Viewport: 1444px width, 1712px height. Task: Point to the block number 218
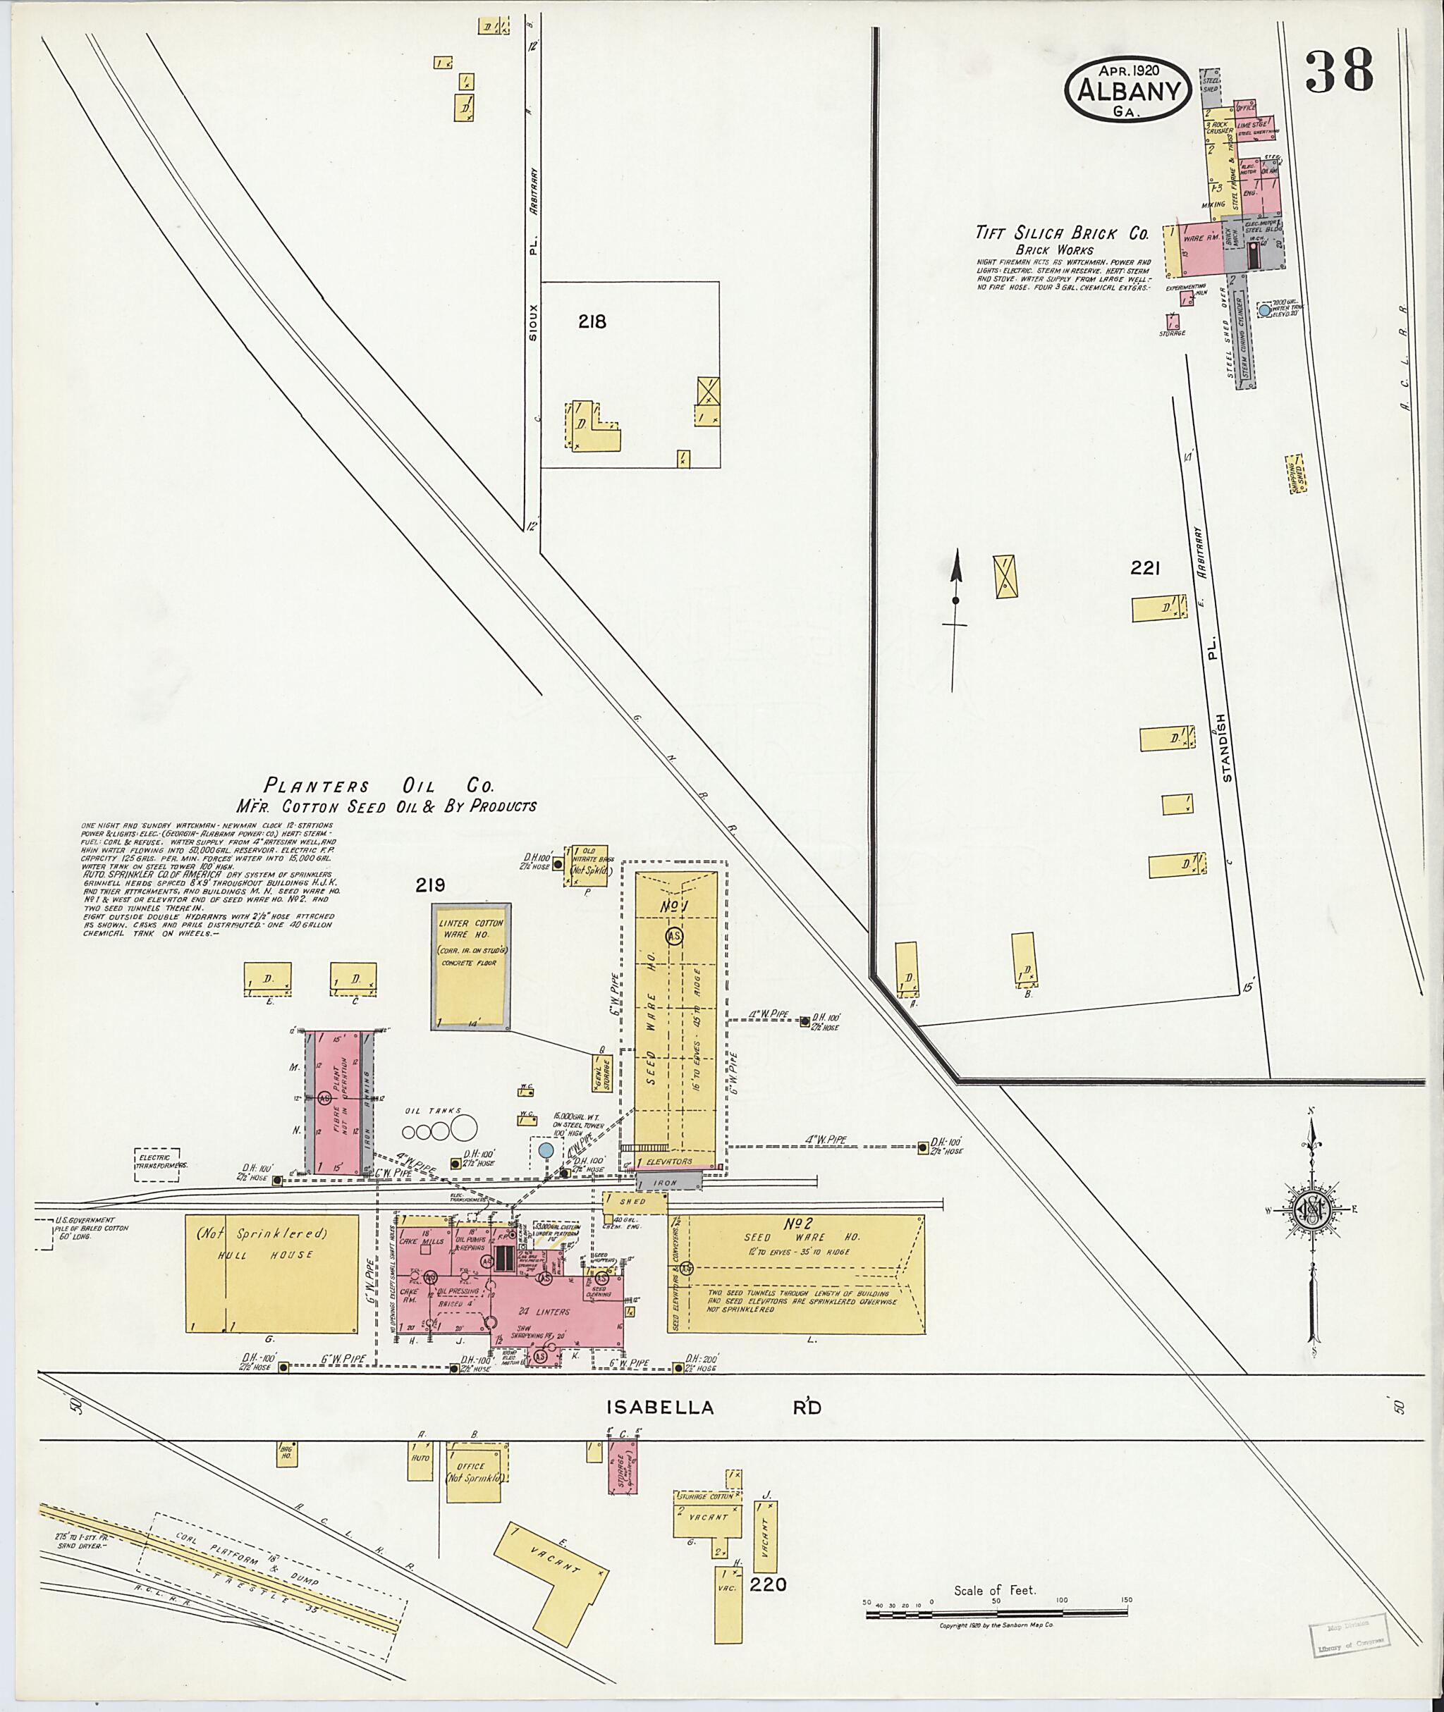point(592,321)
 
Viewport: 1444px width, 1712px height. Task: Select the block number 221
point(1144,567)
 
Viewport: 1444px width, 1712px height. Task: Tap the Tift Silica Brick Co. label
point(1061,233)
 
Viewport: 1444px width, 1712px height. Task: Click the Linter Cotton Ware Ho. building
point(471,966)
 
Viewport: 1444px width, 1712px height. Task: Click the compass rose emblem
point(1312,1208)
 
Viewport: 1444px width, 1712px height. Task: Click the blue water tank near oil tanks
point(545,1150)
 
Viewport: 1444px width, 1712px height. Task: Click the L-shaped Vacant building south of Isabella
point(553,1572)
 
